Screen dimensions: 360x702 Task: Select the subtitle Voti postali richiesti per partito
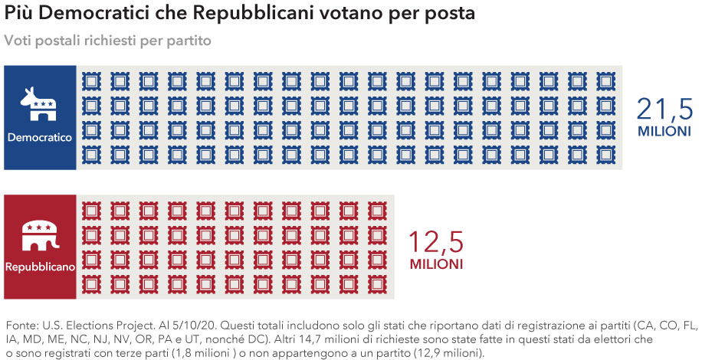click(107, 39)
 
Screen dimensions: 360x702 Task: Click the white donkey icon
click(40, 104)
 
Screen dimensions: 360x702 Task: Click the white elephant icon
click(40, 234)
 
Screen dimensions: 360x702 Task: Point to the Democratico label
click(40, 137)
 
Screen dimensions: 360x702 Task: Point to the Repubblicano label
click(40, 267)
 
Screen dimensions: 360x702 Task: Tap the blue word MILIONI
click(664, 133)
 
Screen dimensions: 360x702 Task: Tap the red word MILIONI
click(435, 264)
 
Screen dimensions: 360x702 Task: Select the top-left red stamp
click(91, 210)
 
